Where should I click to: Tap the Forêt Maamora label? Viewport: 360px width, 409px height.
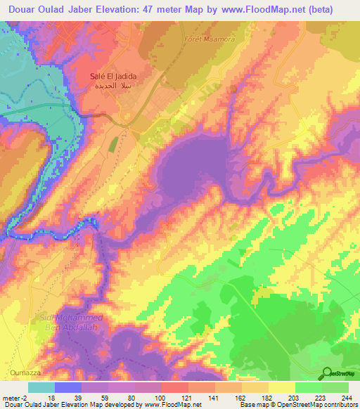tap(208, 39)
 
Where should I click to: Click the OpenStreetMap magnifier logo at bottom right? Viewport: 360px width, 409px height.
tap(327, 372)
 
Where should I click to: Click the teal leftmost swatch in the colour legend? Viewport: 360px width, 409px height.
tap(41, 387)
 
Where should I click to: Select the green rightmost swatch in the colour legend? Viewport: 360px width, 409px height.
tap(335, 387)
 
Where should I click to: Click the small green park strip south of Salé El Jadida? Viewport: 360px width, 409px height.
tap(112, 144)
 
